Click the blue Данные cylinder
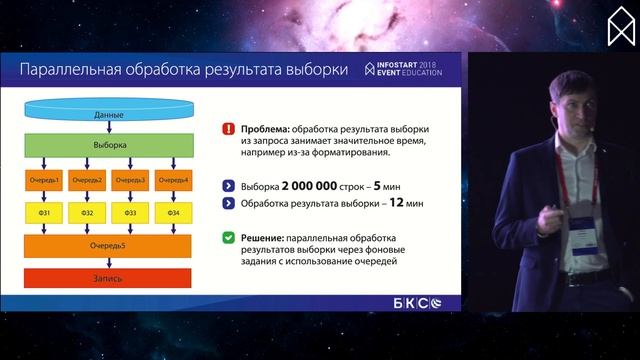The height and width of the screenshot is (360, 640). pyautogui.click(x=109, y=114)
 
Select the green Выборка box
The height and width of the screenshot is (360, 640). pyautogui.click(x=109, y=145)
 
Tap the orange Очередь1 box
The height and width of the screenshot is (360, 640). pyautogui.click(x=44, y=180)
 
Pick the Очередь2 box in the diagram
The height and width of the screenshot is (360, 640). pyautogui.click(x=87, y=180)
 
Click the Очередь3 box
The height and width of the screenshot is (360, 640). pyautogui.click(x=130, y=180)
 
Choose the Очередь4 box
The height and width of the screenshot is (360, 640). pyautogui.click(x=174, y=180)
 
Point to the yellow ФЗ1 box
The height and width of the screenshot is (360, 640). pyautogui.click(x=44, y=213)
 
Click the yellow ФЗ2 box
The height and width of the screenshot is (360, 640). pyautogui.click(x=87, y=213)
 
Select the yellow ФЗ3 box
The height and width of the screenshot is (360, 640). pyautogui.click(x=130, y=213)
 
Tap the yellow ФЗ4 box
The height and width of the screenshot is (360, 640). pyautogui.click(x=174, y=213)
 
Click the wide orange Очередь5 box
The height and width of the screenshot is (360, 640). pyautogui.click(x=109, y=245)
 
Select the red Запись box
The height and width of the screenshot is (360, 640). pyautogui.click(x=109, y=275)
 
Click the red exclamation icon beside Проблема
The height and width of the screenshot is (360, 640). pyautogui.click(x=230, y=129)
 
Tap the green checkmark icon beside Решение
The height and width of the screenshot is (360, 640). pyautogui.click(x=230, y=238)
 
